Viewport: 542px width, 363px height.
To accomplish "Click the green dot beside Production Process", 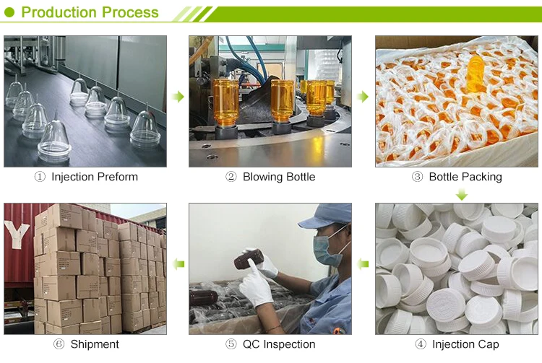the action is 9,13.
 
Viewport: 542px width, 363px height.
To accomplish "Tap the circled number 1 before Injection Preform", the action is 40,177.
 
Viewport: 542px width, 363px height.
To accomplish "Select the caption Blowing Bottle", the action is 279,177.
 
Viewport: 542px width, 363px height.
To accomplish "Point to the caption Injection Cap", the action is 465,344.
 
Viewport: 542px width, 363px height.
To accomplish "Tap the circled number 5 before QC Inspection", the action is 231,344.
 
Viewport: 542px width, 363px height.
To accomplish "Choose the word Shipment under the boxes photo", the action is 95,344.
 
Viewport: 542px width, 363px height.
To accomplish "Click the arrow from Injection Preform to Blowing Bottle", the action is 178,97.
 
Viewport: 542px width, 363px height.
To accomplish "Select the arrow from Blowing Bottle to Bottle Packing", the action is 363,97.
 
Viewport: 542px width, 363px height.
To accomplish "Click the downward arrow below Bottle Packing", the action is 462,195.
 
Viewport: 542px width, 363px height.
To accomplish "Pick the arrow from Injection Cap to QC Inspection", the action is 363,265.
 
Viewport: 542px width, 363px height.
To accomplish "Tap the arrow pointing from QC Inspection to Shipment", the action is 178,265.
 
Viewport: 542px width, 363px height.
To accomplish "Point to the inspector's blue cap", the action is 327,216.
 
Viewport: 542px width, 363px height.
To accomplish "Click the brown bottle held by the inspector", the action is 249,259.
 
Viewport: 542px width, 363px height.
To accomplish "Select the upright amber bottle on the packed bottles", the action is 476,74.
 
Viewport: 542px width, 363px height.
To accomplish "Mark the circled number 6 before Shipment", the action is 59,344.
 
